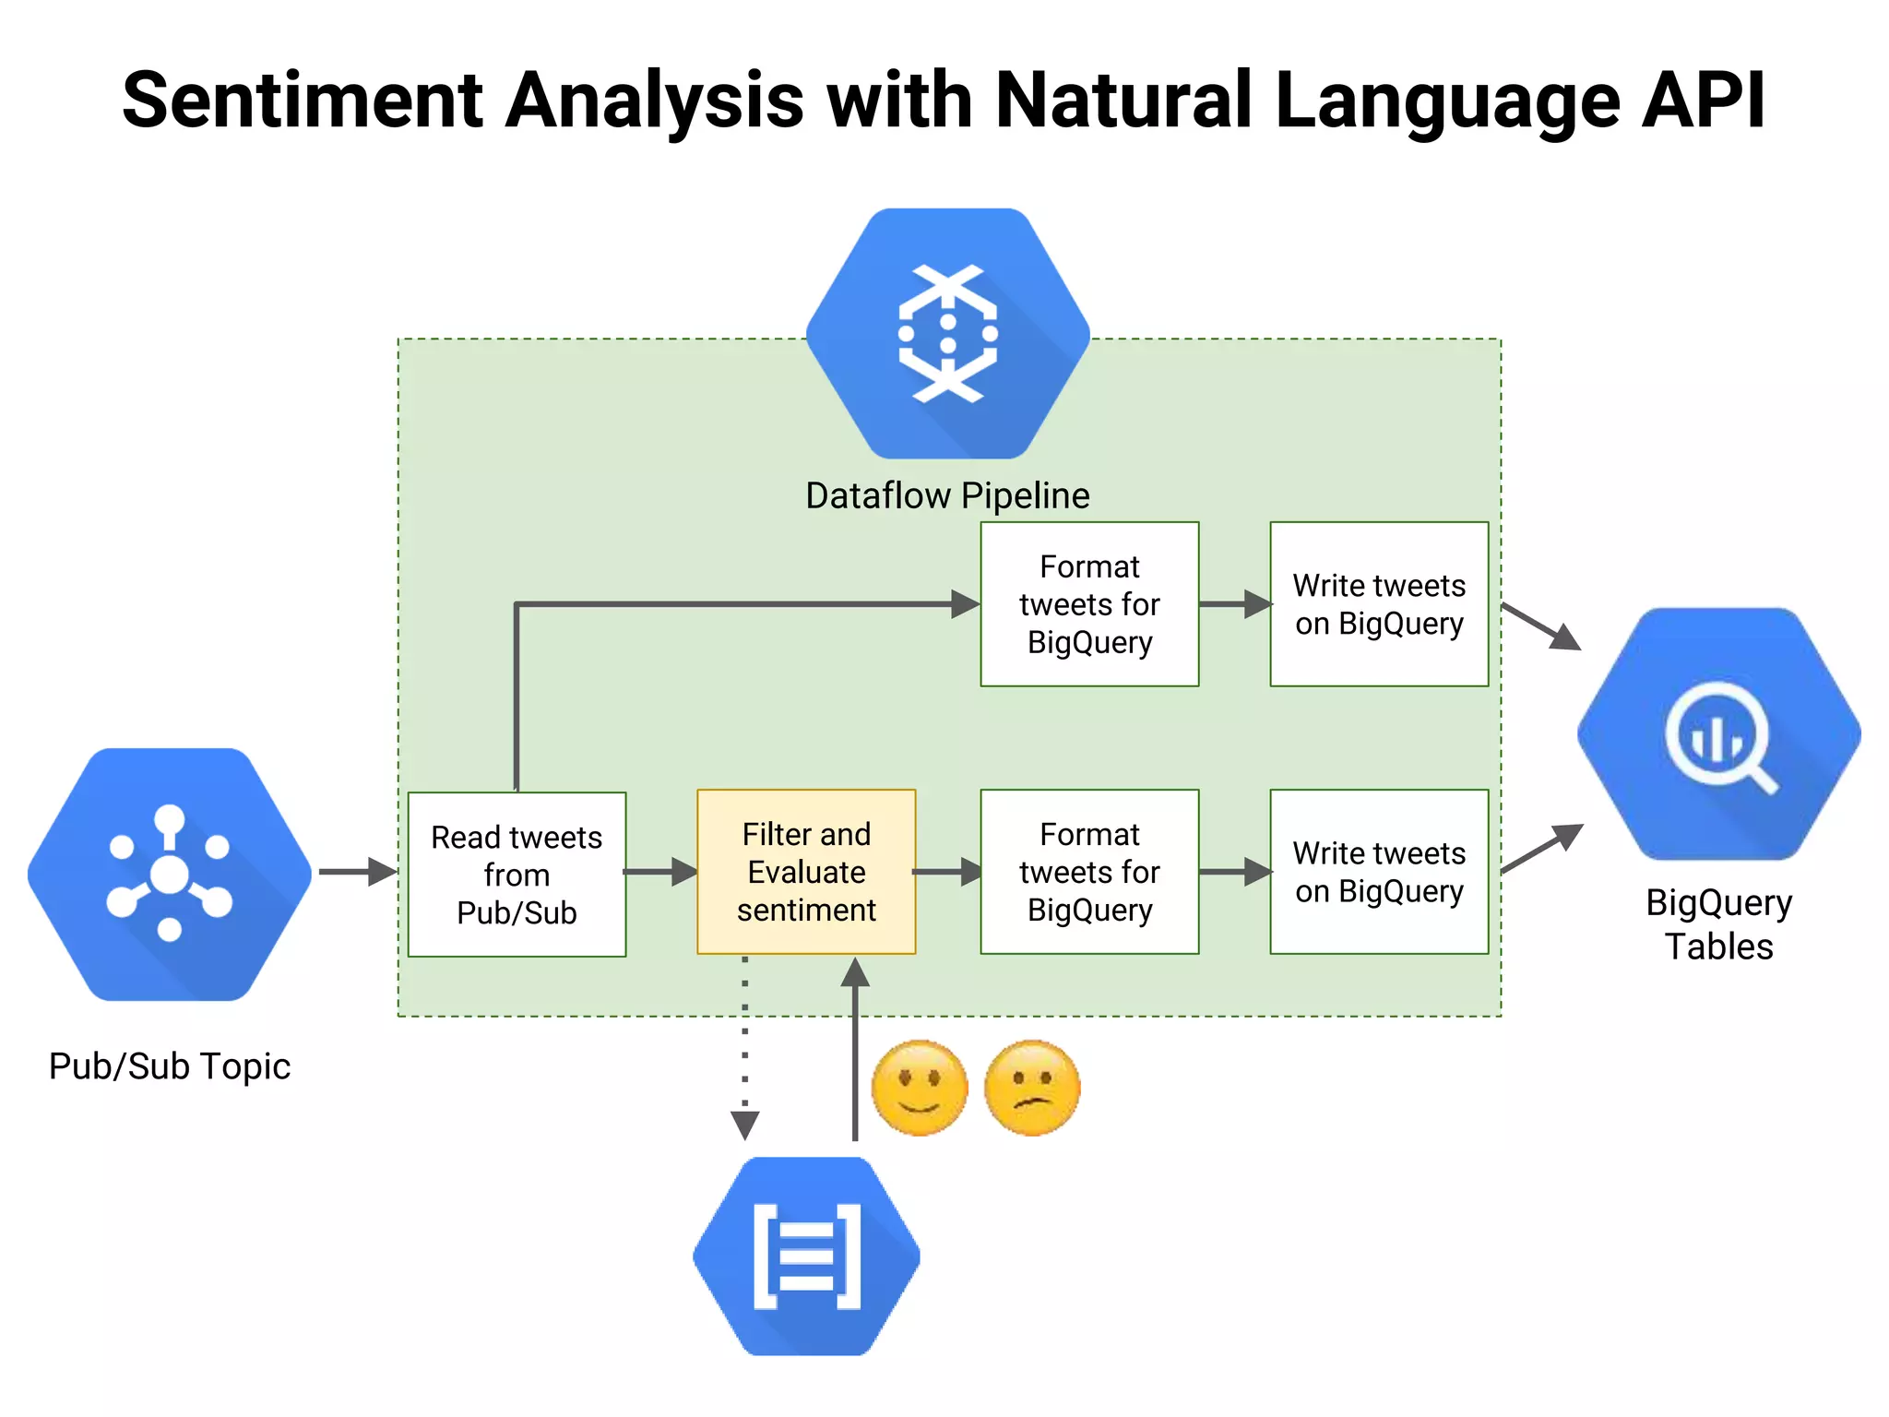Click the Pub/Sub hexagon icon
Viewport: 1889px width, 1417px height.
coord(170,874)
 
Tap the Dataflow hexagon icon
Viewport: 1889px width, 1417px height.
coord(947,333)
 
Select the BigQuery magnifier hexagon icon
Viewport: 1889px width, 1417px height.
coord(1718,734)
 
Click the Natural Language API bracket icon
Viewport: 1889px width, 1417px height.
coord(807,1256)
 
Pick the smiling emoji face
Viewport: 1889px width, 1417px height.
coord(919,1089)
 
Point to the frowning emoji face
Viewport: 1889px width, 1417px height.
coord(1032,1089)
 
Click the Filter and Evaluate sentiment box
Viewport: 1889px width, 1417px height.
coord(806,872)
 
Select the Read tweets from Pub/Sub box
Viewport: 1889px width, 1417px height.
coord(517,875)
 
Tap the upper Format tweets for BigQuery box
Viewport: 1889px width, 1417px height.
coord(1089,604)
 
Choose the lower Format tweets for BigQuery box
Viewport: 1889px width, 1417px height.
coord(1089,872)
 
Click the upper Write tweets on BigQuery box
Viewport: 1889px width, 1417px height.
coord(1379,604)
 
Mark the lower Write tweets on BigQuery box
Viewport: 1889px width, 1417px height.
coord(1379,872)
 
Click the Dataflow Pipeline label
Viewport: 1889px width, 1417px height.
coord(947,495)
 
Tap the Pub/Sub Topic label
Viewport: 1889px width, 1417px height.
coord(170,1066)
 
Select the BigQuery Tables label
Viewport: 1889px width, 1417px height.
coord(1718,924)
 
